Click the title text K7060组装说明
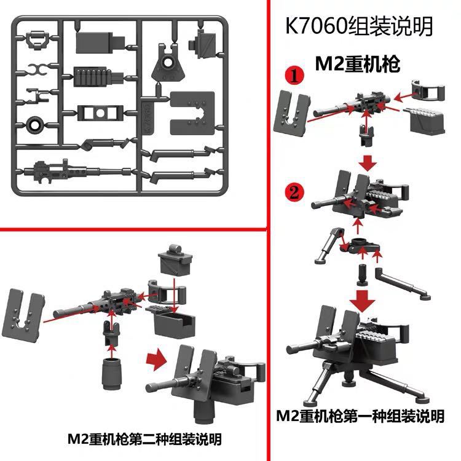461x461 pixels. click(359, 28)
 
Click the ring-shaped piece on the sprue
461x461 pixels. click(35, 125)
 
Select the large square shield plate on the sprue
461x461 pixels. click(192, 112)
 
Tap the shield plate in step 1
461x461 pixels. click(293, 112)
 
